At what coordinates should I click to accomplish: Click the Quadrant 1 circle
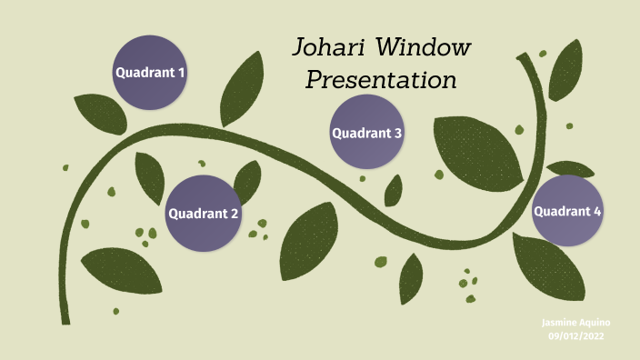pyautogui.click(x=149, y=72)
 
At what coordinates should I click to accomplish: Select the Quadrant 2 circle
pyautogui.click(x=203, y=214)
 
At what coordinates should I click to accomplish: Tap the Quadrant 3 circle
pyautogui.click(x=366, y=133)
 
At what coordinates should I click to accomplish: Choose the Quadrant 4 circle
pyautogui.click(x=567, y=212)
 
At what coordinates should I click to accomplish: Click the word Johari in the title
pyautogui.click(x=331, y=47)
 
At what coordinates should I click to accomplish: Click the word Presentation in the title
pyautogui.click(x=380, y=80)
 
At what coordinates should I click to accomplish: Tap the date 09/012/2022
pyautogui.click(x=575, y=336)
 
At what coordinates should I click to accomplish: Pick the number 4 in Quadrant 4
pyautogui.click(x=597, y=212)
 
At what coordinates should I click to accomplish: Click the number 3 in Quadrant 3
pyautogui.click(x=397, y=133)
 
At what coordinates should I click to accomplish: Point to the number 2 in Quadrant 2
pyautogui.click(x=235, y=215)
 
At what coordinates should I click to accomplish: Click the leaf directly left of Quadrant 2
pyautogui.click(x=149, y=176)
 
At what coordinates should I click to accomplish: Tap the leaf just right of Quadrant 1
pyautogui.click(x=243, y=89)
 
